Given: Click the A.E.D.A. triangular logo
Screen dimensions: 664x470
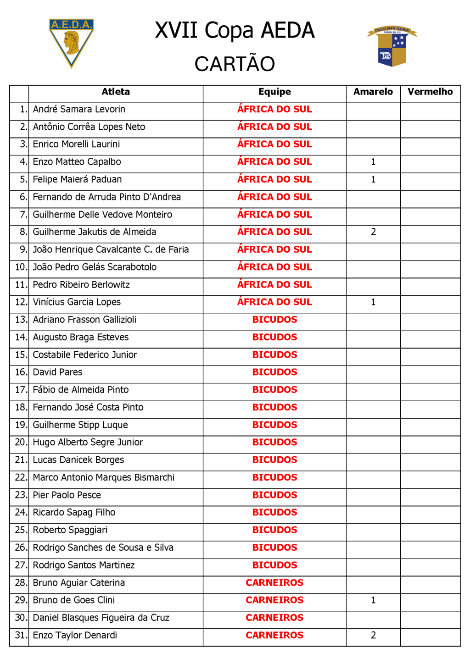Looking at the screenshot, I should tap(71, 42).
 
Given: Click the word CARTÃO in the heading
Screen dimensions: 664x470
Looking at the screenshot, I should tap(235, 64).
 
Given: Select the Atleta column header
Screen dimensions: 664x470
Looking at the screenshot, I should tap(116, 92).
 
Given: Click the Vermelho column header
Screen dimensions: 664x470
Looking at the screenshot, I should tap(430, 92).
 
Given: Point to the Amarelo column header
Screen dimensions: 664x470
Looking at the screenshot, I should tap(373, 92).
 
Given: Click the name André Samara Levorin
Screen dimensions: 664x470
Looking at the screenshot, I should tap(79, 110).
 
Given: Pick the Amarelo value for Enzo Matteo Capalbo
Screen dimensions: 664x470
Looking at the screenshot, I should tap(373, 162).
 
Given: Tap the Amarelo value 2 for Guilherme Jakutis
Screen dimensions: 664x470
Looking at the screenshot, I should tap(373, 232).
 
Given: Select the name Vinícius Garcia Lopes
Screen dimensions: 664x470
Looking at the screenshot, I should tap(77, 302).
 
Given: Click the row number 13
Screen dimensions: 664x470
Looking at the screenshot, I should tap(21, 320).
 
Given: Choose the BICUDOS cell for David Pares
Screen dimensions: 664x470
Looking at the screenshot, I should tap(274, 372).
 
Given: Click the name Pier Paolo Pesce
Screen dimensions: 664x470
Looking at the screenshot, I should tap(67, 495).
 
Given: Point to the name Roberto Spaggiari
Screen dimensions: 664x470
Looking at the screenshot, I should tap(70, 530).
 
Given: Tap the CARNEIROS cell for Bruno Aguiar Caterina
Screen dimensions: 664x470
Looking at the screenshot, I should tap(274, 583).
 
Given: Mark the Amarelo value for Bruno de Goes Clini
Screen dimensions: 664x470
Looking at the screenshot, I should tap(373, 600).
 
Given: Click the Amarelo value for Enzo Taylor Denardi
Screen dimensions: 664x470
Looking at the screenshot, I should tap(373, 636).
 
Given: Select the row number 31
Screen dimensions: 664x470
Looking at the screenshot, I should tap(21, 636).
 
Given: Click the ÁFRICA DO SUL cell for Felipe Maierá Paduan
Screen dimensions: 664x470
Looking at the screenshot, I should tap(274, 179).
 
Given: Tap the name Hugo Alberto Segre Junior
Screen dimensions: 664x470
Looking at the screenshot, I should tap(88, 443).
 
